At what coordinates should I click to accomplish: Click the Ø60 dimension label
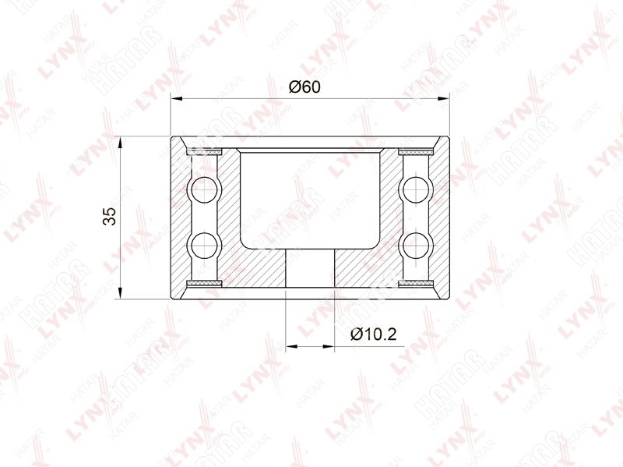[304, 87]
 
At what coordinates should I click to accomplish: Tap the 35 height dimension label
[109, 217]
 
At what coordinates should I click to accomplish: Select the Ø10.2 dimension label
[374, 334]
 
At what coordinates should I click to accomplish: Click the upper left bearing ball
[205, 189]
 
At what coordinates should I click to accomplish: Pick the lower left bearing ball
[205, 245]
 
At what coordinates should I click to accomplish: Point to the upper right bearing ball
[417, 189]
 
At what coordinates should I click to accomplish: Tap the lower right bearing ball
[417, 245]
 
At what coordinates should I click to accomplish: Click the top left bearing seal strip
[204, 152]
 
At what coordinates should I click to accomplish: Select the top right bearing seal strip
[416, 152]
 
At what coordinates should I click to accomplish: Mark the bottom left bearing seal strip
[204, 283]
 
